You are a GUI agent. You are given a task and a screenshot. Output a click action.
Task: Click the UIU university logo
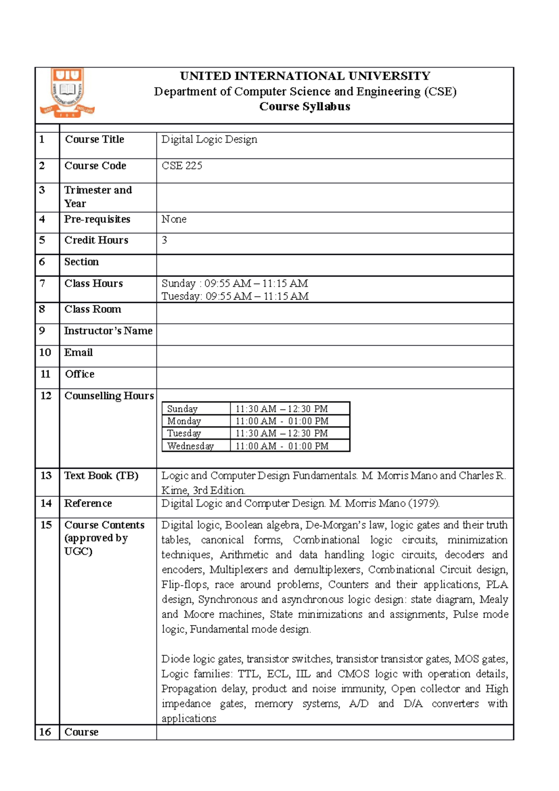click(68, 92)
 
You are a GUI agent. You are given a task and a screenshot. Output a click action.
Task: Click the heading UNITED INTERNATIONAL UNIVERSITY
click(305, 76)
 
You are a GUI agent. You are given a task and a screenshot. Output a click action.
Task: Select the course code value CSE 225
click(182, 166)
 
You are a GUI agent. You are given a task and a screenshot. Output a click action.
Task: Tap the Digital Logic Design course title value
click(209, 139)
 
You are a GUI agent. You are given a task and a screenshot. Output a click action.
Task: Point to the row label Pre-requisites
click(97, 219)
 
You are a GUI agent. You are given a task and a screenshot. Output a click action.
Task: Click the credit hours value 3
click(164, 240)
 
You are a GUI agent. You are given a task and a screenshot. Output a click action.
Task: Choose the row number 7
click(42, 283)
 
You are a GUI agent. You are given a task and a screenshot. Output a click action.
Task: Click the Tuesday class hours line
click(235, 296)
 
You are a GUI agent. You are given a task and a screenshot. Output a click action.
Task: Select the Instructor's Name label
click(108, 331)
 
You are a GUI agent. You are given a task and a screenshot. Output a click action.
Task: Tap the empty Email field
click(334, 356)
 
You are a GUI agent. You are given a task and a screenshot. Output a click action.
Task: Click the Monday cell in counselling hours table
click(184, 421)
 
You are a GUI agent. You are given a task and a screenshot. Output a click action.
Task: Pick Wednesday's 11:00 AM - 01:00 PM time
click(282, 446)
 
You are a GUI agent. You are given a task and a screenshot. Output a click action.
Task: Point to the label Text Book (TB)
click(101, 476)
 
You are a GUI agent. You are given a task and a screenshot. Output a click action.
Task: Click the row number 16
click(45, 732)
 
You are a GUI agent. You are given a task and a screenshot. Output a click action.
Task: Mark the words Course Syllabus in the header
click(305, 107)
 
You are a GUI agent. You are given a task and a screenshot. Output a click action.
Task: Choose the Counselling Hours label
click(109, 395)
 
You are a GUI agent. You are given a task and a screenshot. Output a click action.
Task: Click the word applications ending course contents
click(189, 718)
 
